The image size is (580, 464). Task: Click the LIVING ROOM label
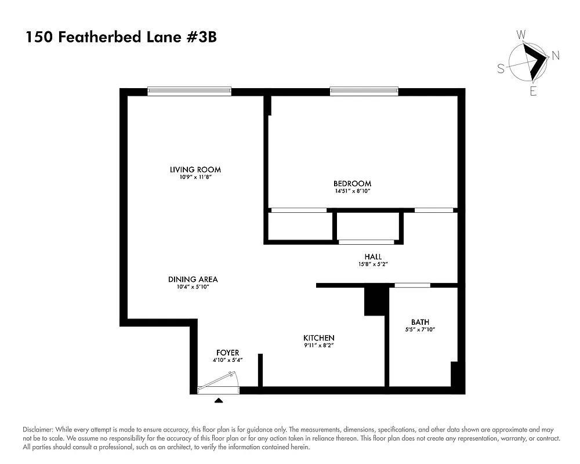195,170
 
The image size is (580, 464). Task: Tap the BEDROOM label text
352,184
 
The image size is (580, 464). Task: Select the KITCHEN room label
319,338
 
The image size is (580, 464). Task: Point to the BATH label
420,322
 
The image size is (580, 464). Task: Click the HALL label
373,256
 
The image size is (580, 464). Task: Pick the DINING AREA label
193,279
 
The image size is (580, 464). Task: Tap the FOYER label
227,353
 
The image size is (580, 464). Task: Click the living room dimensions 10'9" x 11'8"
195,177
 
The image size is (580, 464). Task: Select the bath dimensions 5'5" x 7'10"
420,329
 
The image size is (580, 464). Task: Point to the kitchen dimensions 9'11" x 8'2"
319,346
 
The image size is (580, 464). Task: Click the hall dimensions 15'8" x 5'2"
373,264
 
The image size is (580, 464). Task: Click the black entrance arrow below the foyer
219,400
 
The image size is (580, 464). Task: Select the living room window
189,91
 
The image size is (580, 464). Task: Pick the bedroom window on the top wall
364,91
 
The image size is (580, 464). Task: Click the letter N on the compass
555,56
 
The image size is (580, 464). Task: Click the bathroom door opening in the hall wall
412,285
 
